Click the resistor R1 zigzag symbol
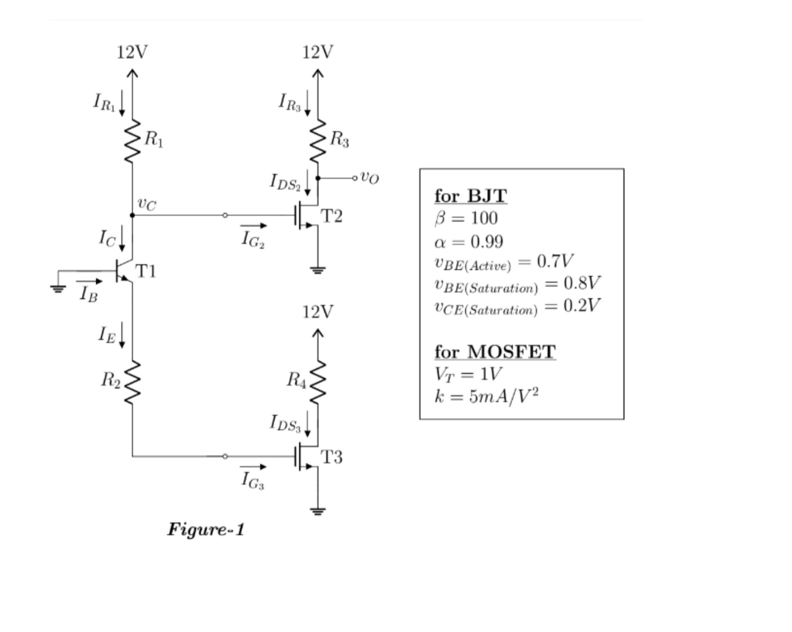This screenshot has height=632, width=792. point(132,141)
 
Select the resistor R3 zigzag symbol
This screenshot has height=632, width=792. point(318,141)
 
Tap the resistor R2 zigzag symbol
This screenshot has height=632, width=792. point(133,383)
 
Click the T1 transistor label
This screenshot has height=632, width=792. point(146,271)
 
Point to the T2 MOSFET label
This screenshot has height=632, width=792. point(331,216)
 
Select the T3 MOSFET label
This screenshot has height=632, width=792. point(331,457)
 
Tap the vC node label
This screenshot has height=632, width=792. point(146,205)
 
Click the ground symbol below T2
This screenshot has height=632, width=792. point(318,270)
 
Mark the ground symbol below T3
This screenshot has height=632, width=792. point(318,511)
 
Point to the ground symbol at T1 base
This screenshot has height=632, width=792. point(58,288)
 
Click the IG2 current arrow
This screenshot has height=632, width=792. point(254,226)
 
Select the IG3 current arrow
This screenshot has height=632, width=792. point(254,467)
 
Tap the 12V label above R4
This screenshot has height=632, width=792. point(317,312)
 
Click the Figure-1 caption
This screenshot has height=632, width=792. point(206,530)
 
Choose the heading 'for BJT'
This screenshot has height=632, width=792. point(470,196)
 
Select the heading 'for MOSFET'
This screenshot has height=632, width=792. point(495,351)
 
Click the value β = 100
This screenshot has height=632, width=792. point(466,218)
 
